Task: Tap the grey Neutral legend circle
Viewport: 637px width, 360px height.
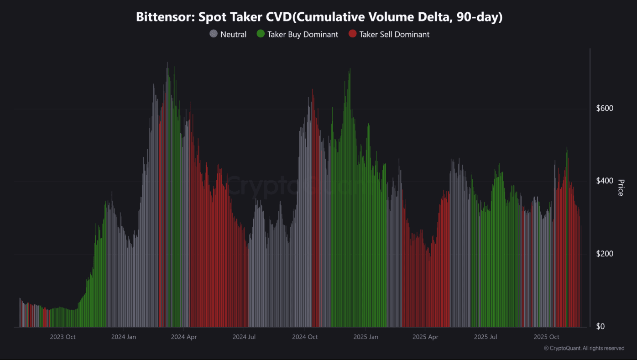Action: point(213,34)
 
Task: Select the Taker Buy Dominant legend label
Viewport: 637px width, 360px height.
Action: point(303,34)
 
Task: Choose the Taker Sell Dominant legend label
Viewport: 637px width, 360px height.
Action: point(394,34)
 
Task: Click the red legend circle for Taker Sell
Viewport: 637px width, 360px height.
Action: point(352,34)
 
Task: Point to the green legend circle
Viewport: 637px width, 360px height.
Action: point(261,34)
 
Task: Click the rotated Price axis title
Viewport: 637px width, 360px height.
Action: point(621,188)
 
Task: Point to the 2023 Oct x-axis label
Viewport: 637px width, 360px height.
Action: point(63,337)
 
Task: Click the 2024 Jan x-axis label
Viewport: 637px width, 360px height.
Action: point(124,337)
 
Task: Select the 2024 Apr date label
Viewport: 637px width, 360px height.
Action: point(183,337)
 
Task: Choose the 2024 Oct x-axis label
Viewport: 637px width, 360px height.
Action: point(305,337)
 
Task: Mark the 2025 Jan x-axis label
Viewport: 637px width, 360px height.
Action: point(365,337)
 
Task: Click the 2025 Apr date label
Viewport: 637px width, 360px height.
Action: point(425,337)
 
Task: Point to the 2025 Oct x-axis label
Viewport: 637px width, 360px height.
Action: point(546,337)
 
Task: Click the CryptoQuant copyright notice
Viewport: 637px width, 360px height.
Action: point(584,348)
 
